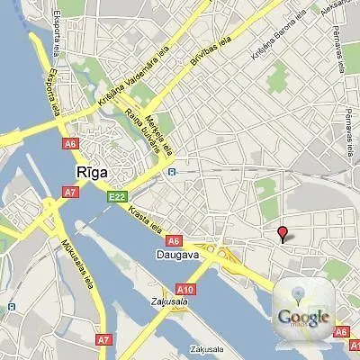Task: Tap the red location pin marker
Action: coord(283,234)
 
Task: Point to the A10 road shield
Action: coord(185,288)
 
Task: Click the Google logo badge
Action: coord(303,316)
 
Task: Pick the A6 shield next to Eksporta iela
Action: coord(71,142)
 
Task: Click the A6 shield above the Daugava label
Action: coord(174,240)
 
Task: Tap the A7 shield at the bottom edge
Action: coord(103,339)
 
